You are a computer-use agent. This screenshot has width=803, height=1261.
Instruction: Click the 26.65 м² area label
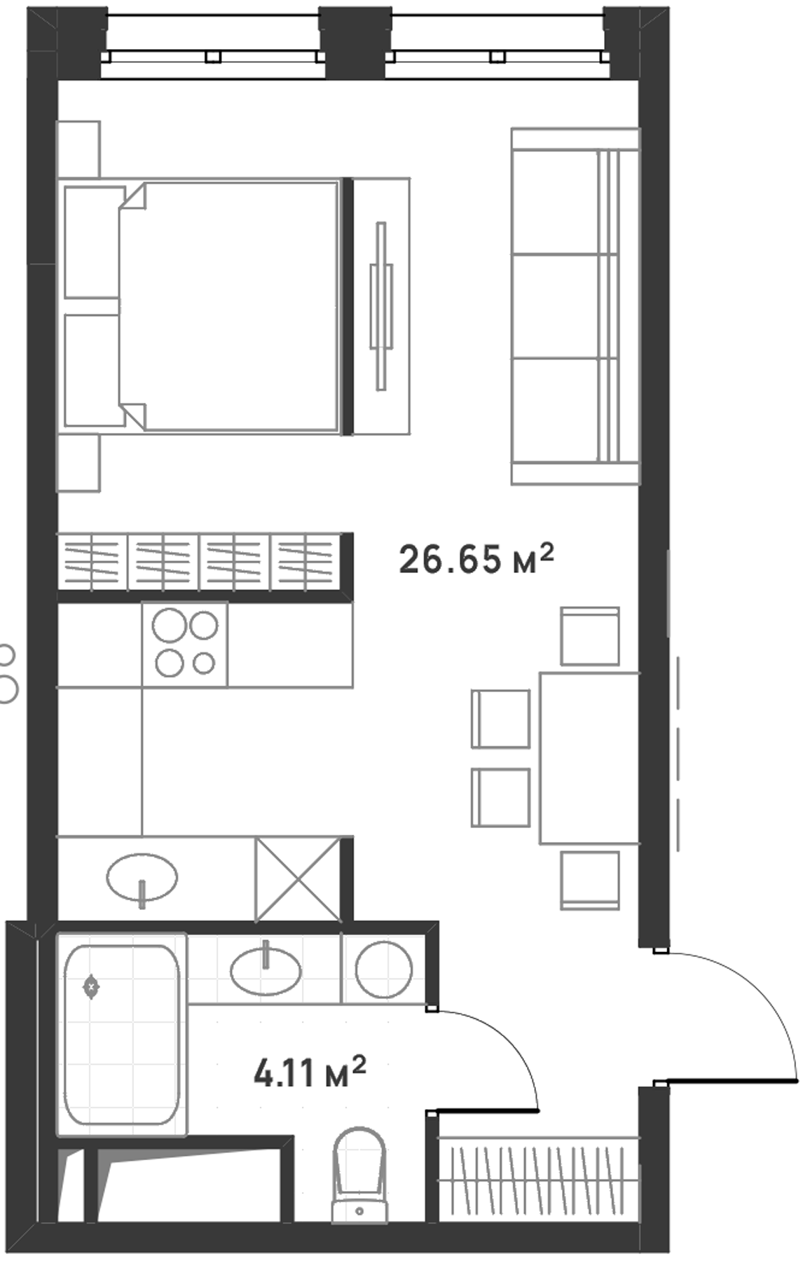pos(476,559)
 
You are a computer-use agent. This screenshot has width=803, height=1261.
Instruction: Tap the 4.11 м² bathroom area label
pos(310,1072)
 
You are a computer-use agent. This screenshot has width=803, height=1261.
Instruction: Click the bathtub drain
pos(91,987)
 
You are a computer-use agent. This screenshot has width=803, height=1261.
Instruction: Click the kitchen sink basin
pos(142,877)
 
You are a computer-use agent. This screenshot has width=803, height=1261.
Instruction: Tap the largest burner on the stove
pos(170,626)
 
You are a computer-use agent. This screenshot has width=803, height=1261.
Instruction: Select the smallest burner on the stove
pos(204,663)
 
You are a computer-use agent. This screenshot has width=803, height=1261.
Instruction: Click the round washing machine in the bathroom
pos(384,970)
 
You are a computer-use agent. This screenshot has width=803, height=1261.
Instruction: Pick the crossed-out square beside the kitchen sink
pos(298,879)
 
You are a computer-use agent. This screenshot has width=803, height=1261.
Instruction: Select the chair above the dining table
pos(590,636)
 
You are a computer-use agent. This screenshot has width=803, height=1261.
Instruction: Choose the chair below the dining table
pos(590,880)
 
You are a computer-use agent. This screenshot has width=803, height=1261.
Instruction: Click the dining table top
pos(589,758)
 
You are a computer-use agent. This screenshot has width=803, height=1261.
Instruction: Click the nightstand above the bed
pos(78,149)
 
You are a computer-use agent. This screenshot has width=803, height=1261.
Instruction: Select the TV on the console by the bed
pos(381,305)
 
